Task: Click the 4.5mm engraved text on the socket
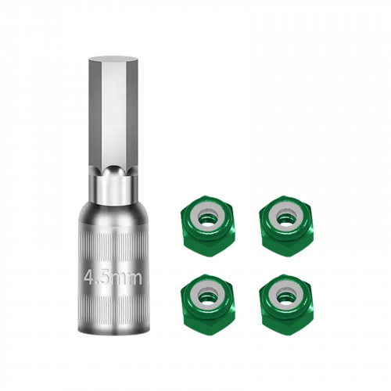click(x=113, y=278)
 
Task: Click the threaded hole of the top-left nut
click(x=206, y=218)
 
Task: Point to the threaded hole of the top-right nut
click(x=286, y=218)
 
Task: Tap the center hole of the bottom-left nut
click(x=206, y=296)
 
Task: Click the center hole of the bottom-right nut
click(x=286, y=296)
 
